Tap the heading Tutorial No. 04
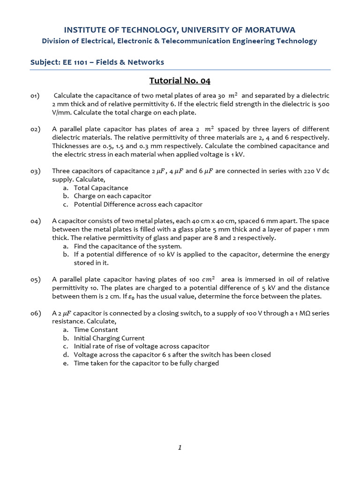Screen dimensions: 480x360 180,81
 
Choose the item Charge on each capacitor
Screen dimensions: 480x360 112,196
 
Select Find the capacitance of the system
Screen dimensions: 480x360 127,246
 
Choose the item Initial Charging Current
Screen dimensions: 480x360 109,338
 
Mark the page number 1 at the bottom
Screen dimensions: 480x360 180,448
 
